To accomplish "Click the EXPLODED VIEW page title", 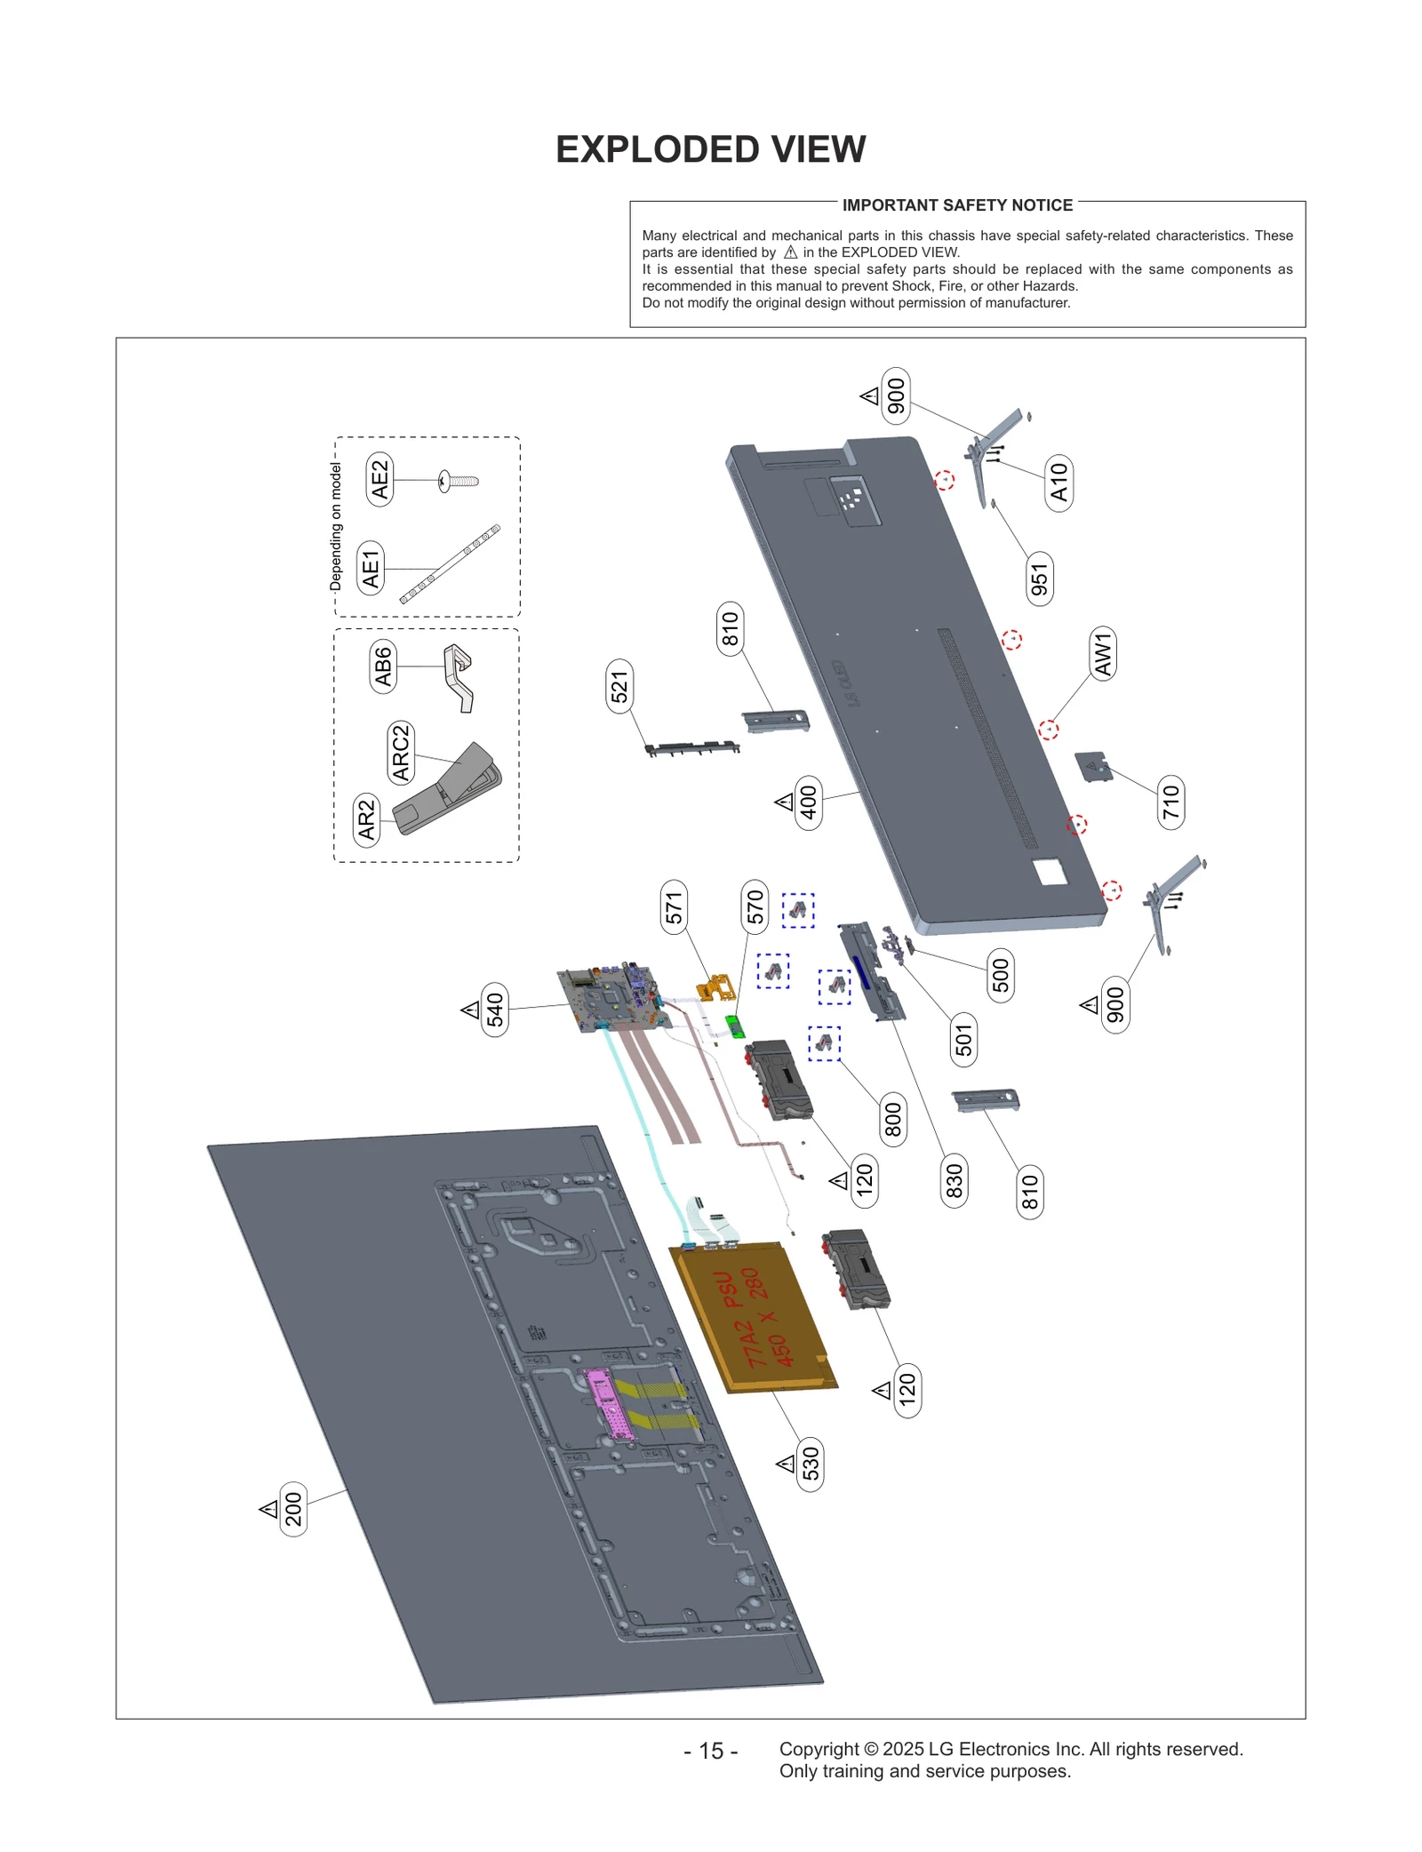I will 710,149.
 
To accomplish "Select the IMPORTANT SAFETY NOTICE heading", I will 956,205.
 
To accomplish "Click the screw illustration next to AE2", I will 459,482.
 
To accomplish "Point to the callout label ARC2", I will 402,752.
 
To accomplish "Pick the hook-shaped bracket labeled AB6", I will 459,675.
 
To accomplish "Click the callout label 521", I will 619,686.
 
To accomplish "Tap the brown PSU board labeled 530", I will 751,1316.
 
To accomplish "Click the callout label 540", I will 495,1010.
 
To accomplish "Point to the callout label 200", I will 293,1509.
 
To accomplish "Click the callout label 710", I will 1170,801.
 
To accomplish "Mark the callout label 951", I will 1039,579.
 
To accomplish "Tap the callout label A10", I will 1059,482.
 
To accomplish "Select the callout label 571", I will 674,907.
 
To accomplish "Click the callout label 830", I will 954,1180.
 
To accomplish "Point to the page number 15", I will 710,1751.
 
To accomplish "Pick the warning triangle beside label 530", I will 786,1463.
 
